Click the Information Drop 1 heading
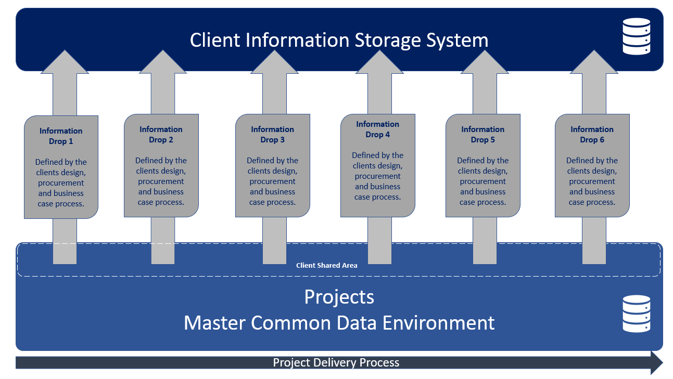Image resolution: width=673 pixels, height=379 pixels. pos(61,136)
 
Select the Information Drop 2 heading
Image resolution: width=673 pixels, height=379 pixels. pos(161,135)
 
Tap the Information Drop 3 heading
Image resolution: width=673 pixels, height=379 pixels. pos(272,135)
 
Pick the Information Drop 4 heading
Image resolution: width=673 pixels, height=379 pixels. pos(377,129)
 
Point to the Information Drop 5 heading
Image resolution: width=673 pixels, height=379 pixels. pos(482,135)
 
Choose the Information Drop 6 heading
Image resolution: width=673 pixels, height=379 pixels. pos(592,135)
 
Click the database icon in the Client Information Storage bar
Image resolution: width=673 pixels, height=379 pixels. pos(637,36)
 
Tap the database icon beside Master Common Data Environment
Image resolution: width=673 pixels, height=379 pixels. pos(637,313)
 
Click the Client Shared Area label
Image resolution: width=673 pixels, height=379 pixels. pos(327,265)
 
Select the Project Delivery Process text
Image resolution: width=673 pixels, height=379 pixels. pos(336,362)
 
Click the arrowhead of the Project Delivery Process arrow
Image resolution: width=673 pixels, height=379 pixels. pos(656,362)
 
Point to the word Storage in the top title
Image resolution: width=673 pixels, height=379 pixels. pos(391,40)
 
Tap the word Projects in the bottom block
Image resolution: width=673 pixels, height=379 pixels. pos(339,297)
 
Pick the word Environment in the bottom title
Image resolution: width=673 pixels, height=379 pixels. pos(438,323)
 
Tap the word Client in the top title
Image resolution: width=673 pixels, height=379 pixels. pos(215,40)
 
